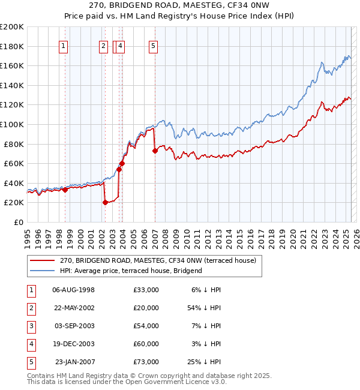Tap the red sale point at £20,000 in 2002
(x=105, y=202)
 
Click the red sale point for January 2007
(x=155, y=151)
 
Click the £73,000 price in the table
(x=146, y=362)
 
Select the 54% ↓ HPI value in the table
(x=204, y=308)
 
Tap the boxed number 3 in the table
(x=31, y=326)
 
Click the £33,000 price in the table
(x=146, y=290)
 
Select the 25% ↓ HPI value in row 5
(x=204, y=362)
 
